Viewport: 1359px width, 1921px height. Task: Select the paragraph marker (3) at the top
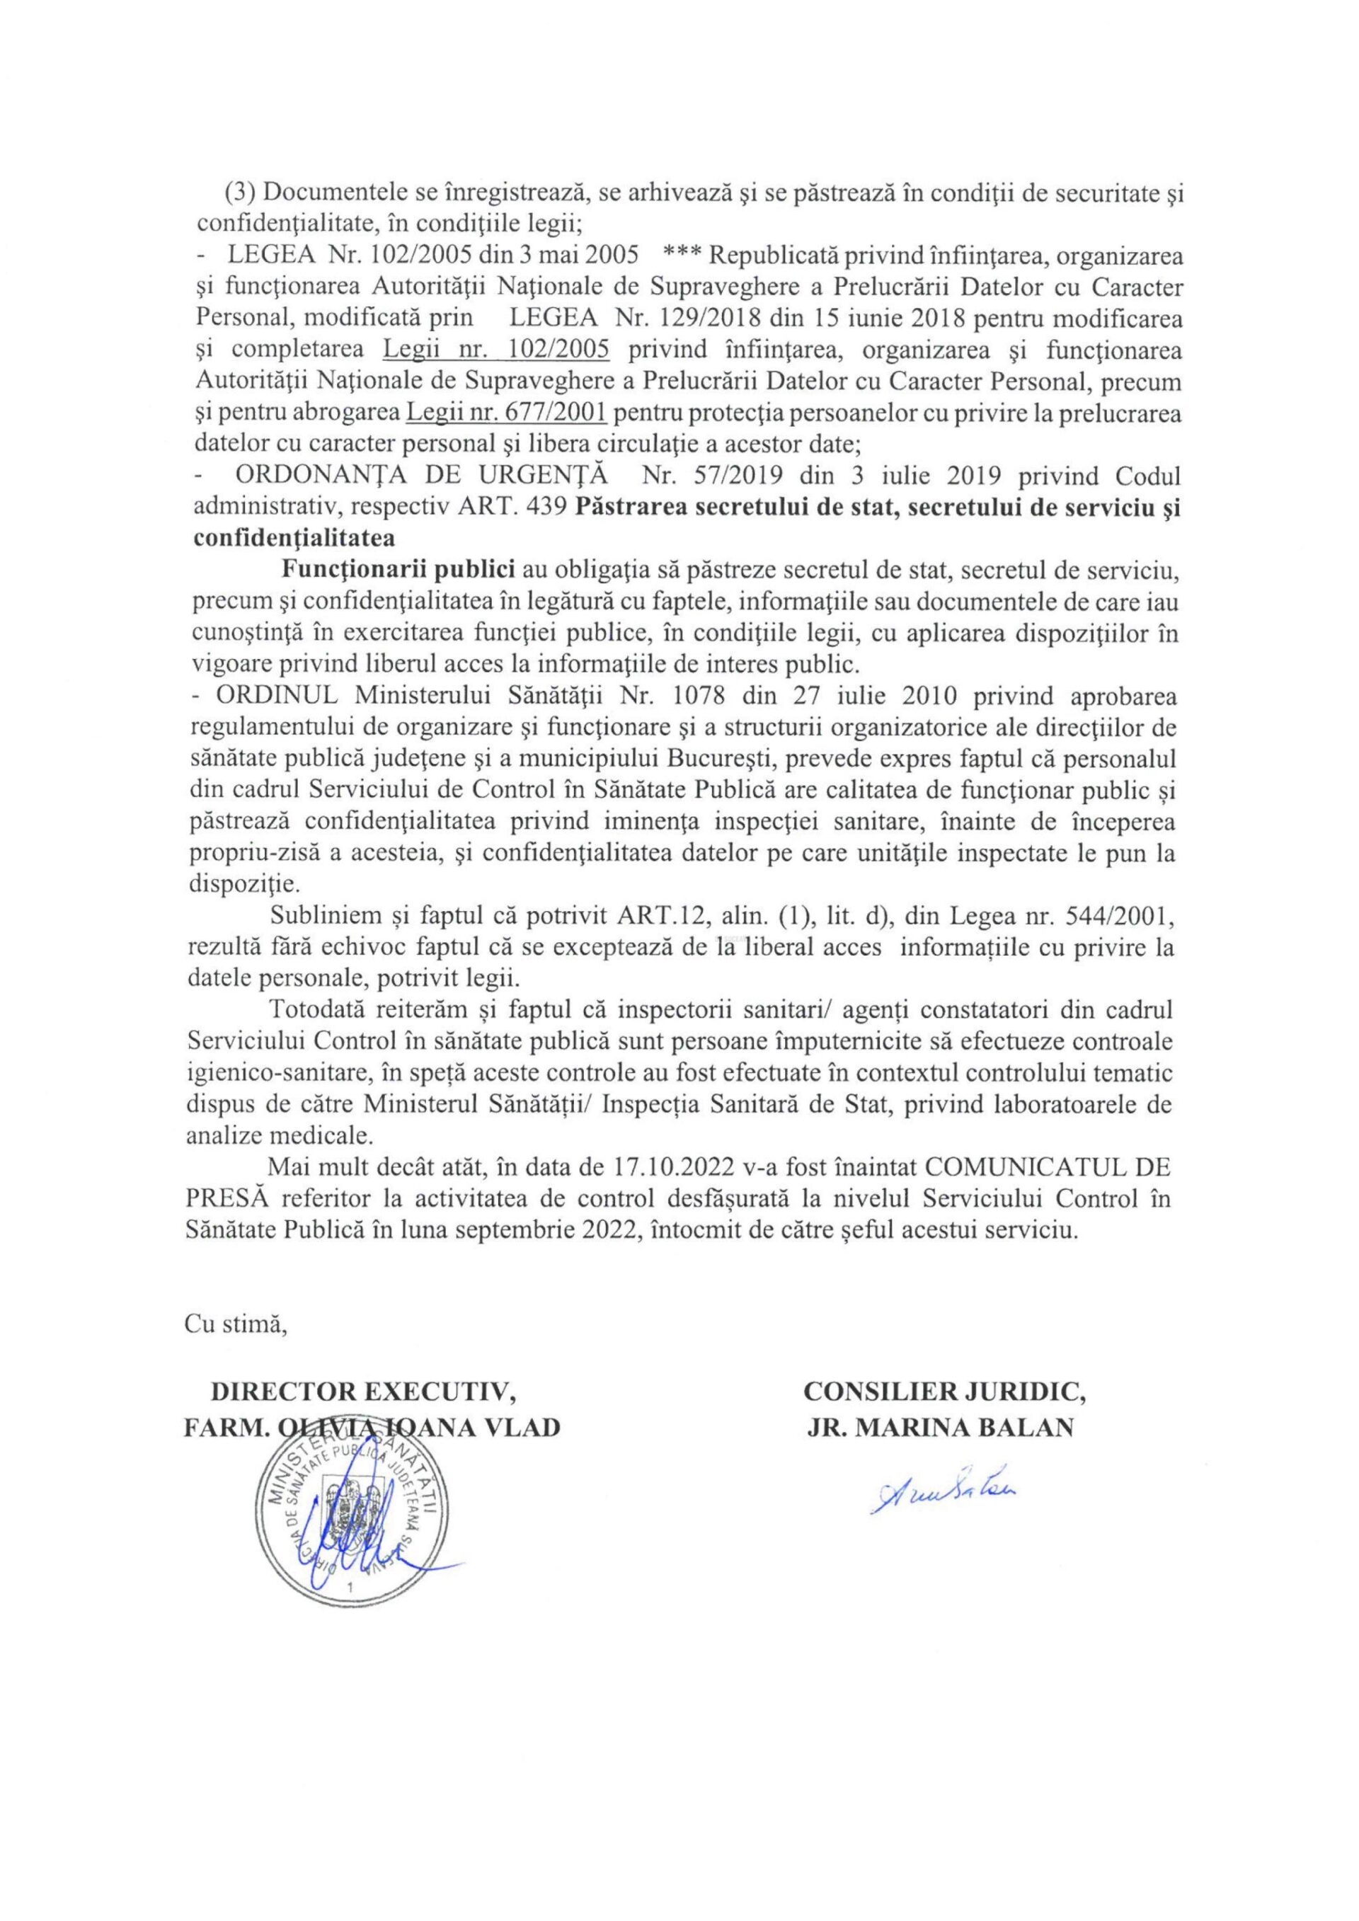(x=237, y=193)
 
